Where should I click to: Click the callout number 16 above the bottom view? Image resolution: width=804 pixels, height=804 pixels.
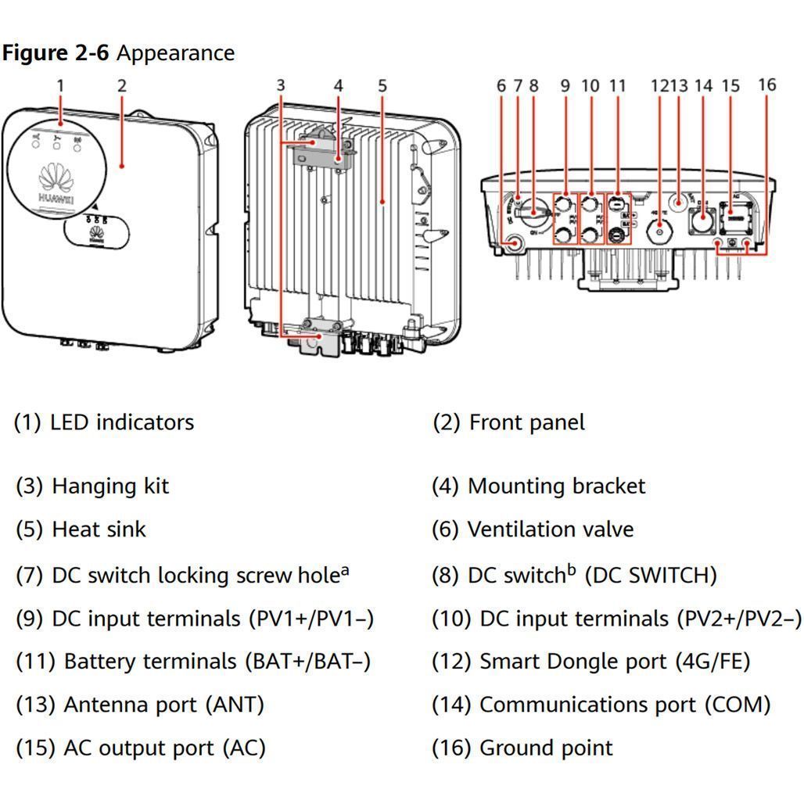pyautogui.click(x=766, y=84)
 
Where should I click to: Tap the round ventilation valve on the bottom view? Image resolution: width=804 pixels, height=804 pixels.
pyautogui.click(x=514, y=244)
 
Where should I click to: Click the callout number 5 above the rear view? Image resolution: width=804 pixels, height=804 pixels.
pyautogui.click(x=382, y=85)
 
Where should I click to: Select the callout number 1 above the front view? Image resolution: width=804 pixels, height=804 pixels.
pyautogui.click(x=60, y=85)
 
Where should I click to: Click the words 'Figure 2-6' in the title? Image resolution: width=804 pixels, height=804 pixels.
pyautogui.click(x=56, y=53)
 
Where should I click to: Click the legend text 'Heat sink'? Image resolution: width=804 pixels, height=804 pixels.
pyautogui.click(x=99, y=529)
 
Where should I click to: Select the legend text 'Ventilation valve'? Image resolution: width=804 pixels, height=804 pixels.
pyautogui.click(x=550, y=529)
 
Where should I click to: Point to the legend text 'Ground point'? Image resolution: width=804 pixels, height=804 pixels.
pyautogui.click(x=546, y=748)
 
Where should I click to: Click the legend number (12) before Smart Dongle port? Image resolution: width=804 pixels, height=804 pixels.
pyautogui.click(x=451, y=662)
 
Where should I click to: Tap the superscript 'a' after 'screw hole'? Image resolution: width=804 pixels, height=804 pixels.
pyautogui.click(x=344, y=571)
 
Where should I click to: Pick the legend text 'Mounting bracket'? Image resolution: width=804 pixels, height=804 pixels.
pyautogui.click(x=556, y=486)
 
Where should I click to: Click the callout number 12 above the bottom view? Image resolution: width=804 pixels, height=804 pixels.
pyautogui.click(x=659, y=85)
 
